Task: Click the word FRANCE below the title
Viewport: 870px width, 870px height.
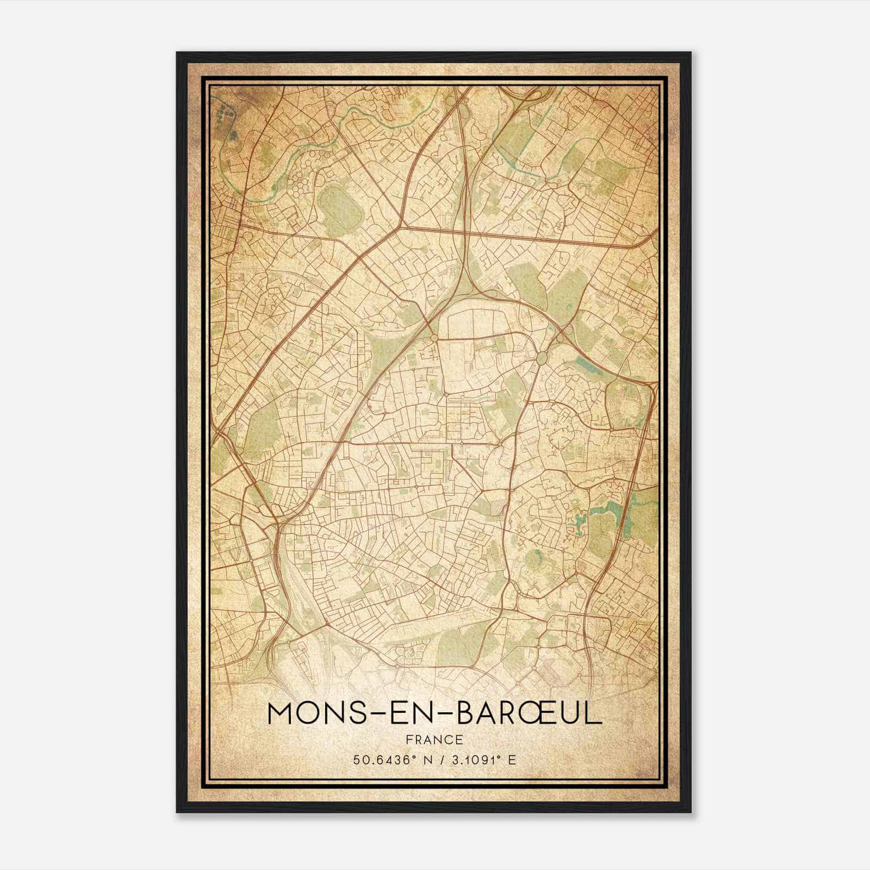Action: (434, 739)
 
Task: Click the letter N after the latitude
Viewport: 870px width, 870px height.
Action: (418, 760)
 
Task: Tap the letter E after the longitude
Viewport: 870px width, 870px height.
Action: (511, 760)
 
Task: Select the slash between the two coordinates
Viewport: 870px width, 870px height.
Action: (435, 760)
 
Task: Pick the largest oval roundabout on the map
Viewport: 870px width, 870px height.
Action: (542, 358)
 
